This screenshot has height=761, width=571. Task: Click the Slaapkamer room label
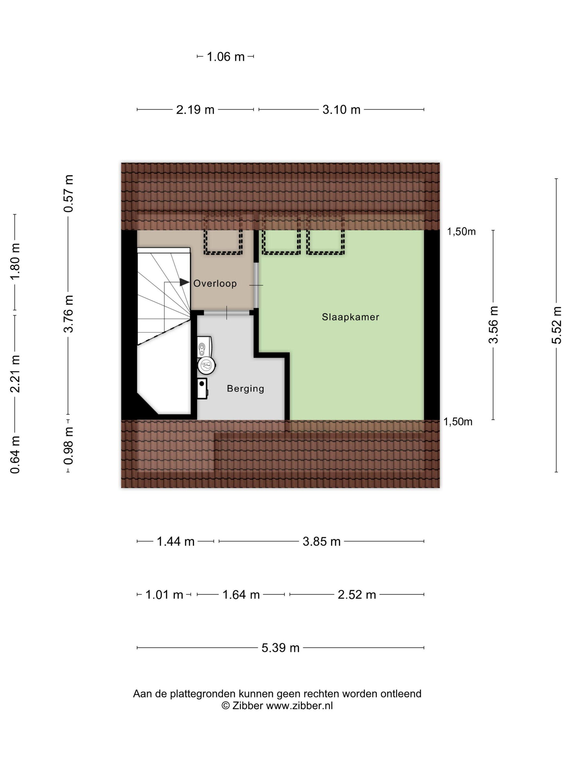coord(350,317)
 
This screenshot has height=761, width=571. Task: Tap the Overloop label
coord(215,283)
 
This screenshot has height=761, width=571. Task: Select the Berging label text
coord(246,389)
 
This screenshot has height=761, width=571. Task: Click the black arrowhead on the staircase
coord(184,282)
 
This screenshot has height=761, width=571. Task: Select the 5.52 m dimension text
coord(557,325)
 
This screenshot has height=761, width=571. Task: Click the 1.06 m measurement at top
coord(225,57)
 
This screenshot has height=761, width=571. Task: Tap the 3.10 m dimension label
coord(342,110)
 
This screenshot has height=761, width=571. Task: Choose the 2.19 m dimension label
coord(195,110)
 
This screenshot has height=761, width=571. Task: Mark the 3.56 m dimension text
coord(494,325)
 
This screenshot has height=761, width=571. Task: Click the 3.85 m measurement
coord(321,541)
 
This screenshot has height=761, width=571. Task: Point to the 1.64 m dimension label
coord(241,595)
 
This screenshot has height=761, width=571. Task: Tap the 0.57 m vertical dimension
coord(69,193)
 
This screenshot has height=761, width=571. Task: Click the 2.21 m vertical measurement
coord(15,374)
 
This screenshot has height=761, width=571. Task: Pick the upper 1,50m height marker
coord(461,232)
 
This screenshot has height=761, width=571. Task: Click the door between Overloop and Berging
coord(227,313)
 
